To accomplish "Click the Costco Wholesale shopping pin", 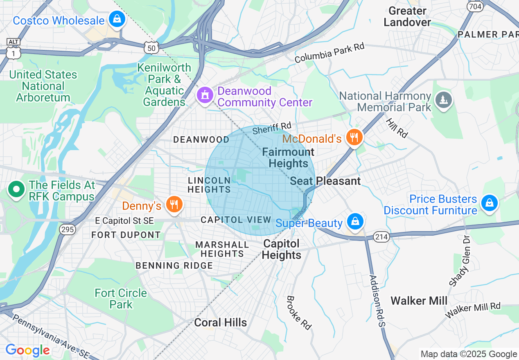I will [x=117, y=19].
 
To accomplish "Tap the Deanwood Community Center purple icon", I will [x=205, y=95].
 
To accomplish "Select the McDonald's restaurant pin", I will [x=354, y=137].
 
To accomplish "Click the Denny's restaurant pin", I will [x=174, y=204].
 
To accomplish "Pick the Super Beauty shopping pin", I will [x=355, y=222].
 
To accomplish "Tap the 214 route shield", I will [x=381, y=236].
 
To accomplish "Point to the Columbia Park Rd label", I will [x=329, y=53].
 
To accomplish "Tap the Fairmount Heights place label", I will [x=288, y=158].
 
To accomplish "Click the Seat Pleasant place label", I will [x=325, y=181].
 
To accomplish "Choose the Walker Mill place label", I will [x=419, y=301].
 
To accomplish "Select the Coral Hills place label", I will [x=220, y=322].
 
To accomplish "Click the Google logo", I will [x=27, y=350].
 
